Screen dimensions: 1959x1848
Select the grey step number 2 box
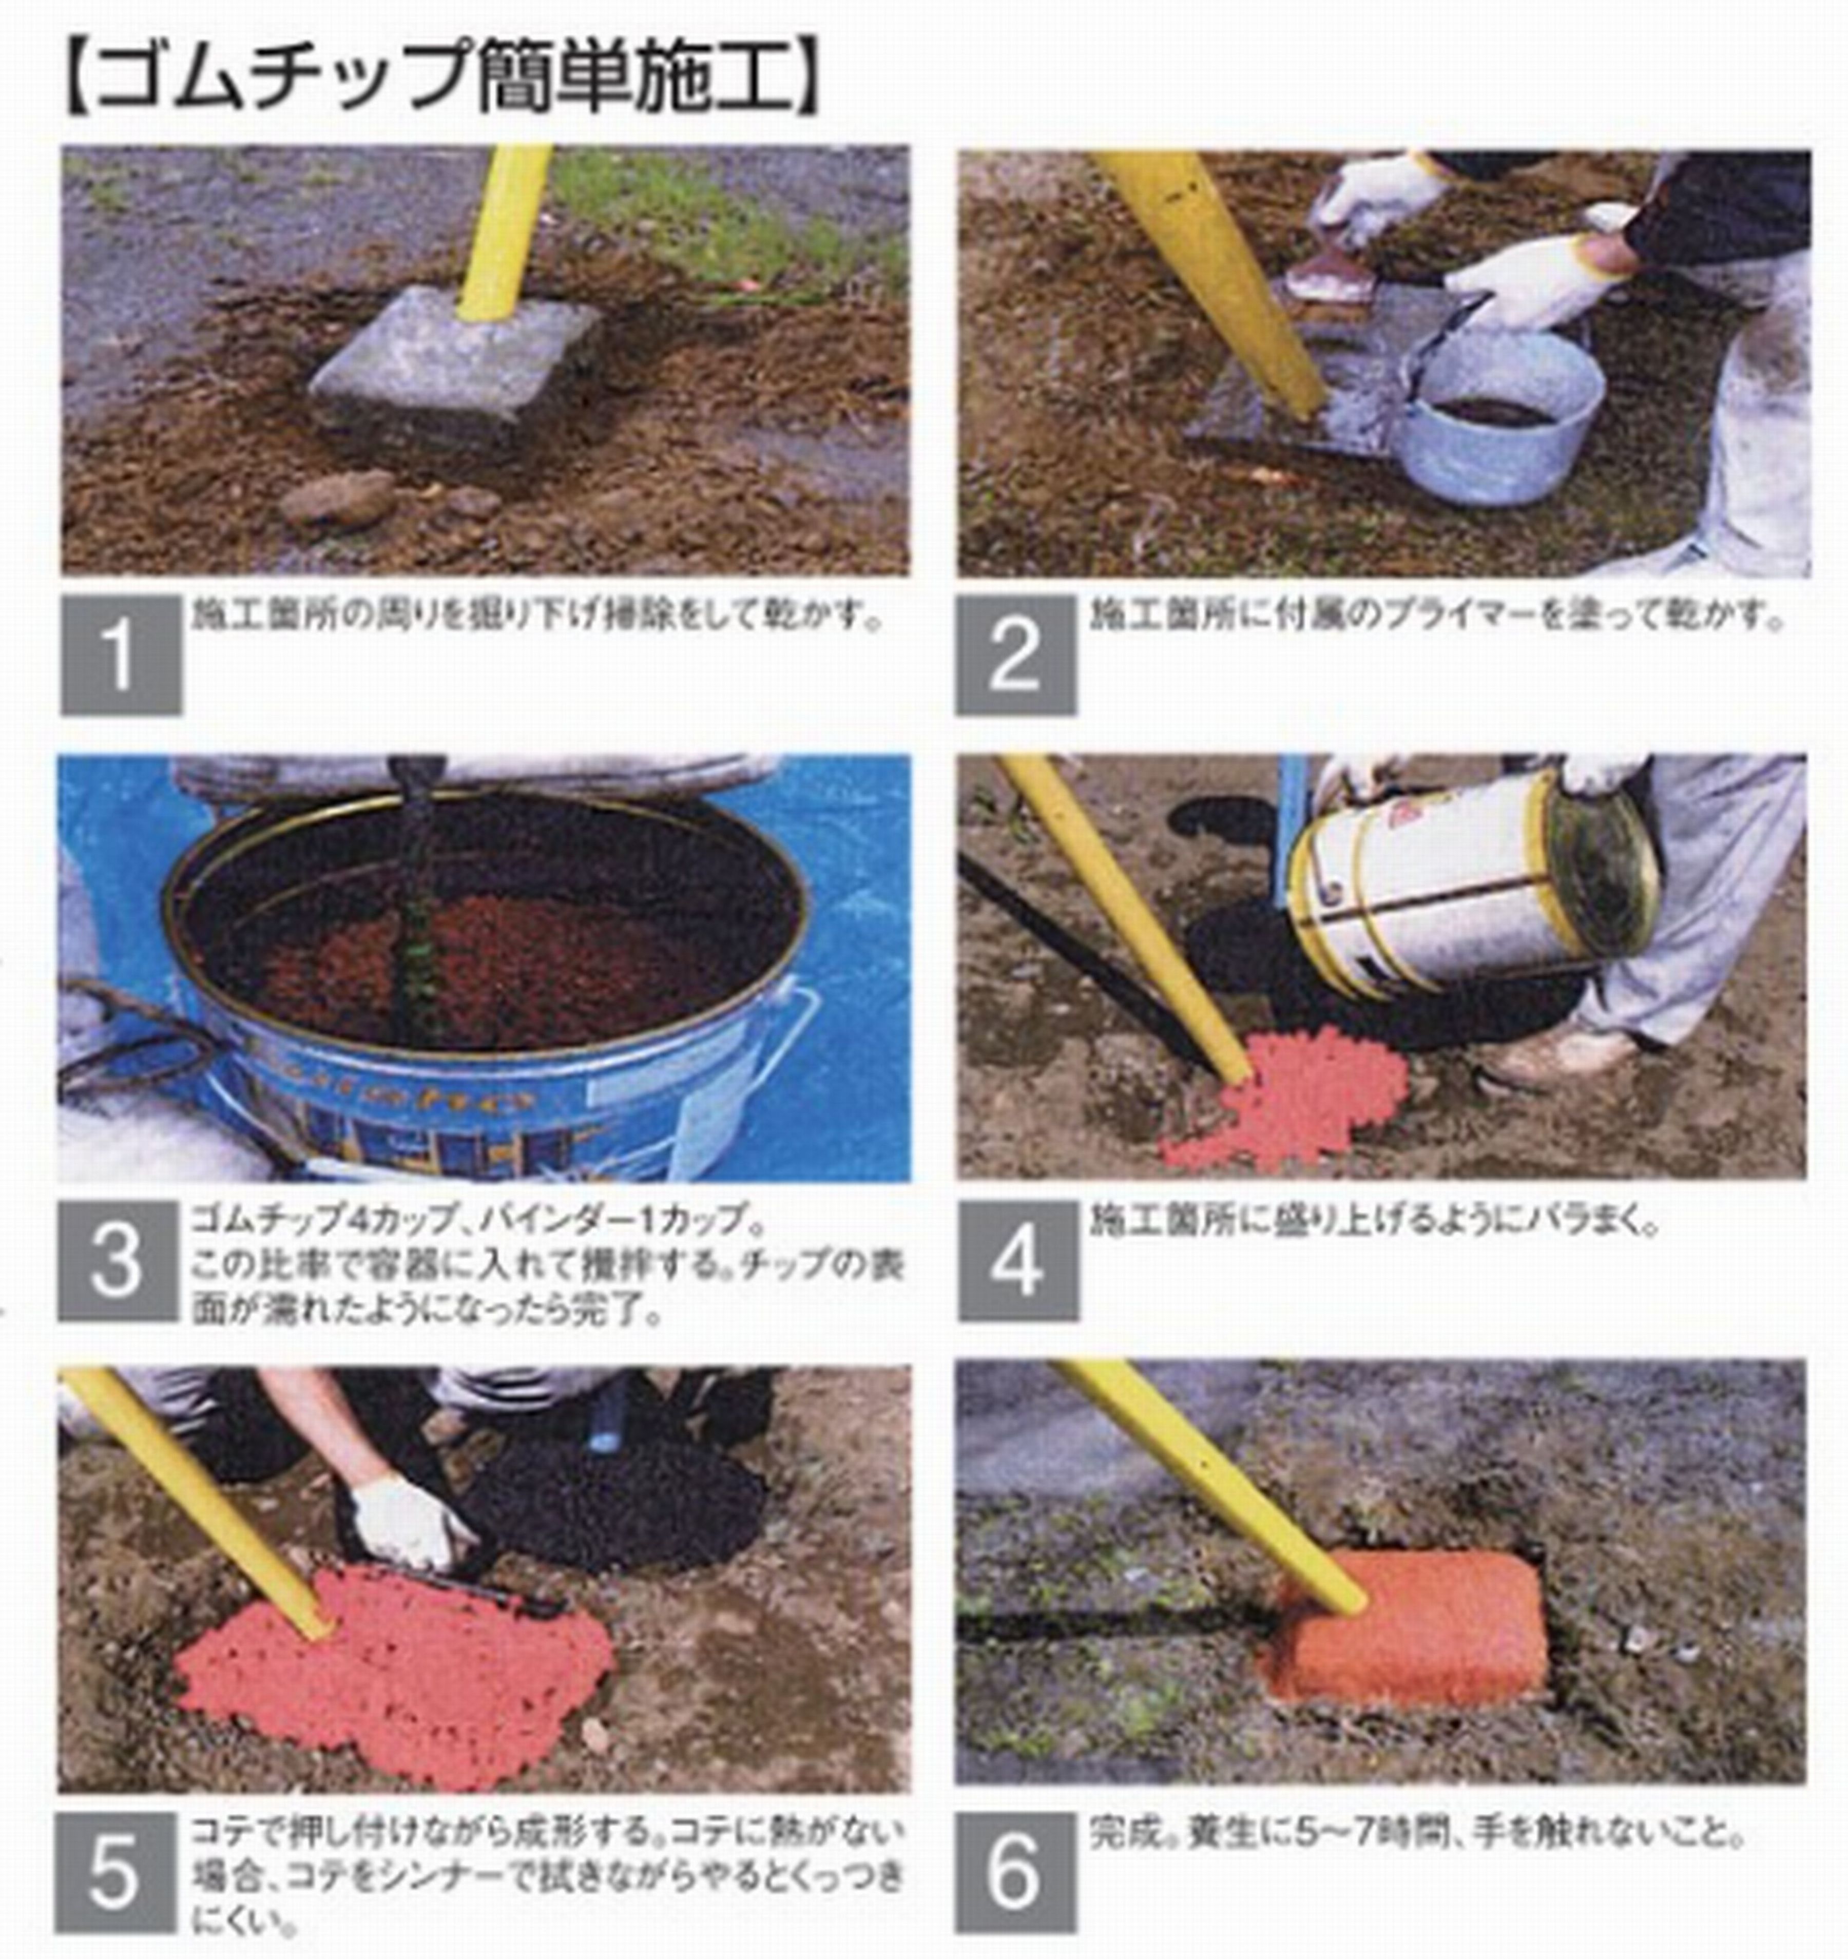point(1015,655)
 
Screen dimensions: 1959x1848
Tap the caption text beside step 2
point(1434,617)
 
